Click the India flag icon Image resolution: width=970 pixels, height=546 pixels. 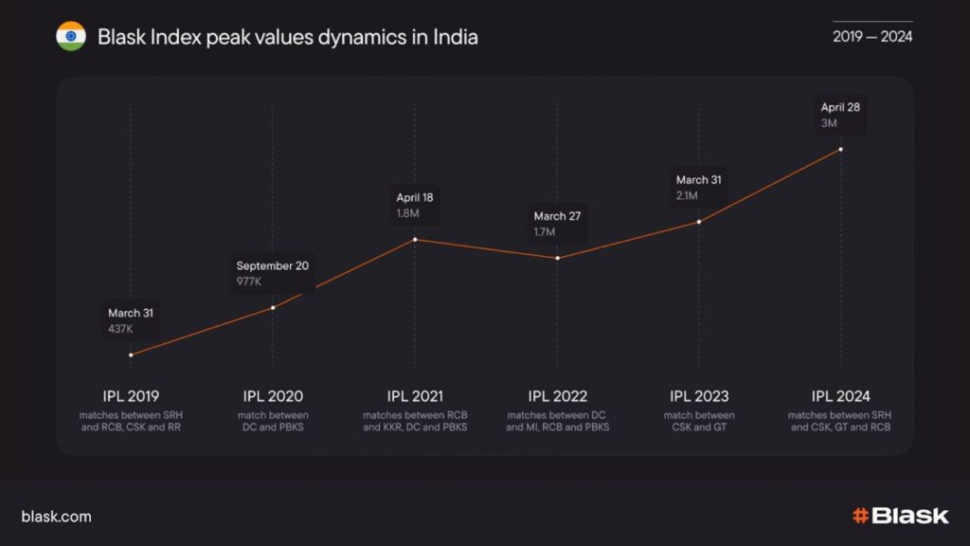[x=70, y=37]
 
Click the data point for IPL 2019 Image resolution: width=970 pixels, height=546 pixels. [x=131, y=355]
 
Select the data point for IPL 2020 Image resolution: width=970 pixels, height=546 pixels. [x=273, y=307]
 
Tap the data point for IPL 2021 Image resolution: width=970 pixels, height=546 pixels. [x=415, y=239]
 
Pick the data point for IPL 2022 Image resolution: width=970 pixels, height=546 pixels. [x=557, y=258]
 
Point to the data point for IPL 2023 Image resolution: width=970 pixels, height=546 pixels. [x=699, y=222]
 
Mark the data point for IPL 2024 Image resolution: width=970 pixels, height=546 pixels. [x=841, y=149]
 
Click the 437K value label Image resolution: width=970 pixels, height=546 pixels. [x=120, y=329]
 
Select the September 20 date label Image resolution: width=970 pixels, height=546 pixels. [x=272, y=265]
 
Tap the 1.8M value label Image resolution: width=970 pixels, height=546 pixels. [x=407, y=214]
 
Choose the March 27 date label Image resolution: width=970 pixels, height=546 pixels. [x=557, y=216]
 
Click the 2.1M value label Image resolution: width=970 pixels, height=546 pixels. [x=687, y=196]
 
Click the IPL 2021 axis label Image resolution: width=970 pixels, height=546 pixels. [x=415, y=396]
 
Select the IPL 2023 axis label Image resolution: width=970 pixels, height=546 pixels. [x=699, y=396]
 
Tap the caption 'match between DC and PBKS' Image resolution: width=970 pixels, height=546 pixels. [x=273, y=422]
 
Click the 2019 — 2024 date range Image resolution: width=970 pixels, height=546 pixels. [x=872, y=37]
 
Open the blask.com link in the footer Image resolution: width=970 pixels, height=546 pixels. [x=56, y=517]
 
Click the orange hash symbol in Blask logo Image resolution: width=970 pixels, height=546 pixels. [x=860, y=517]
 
